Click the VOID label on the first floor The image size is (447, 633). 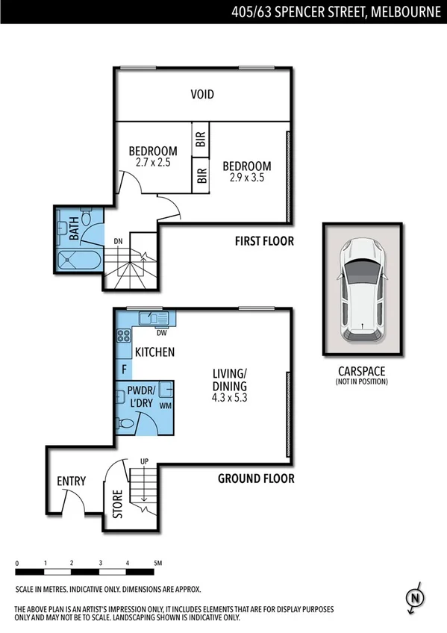click(x=201, y=94)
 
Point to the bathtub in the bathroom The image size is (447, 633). click(x=78, y=261)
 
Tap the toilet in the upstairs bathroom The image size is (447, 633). click(x=87, y=219)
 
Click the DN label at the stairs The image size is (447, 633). click(x=118, y=241)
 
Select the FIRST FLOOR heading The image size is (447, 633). click(x=264, y=241)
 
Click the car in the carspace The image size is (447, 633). click(x=360, y=288)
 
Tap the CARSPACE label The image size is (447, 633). click(x=360, y=371)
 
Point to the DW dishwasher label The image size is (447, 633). click(x=160, y=333)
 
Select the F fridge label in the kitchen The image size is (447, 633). click(x=123, y=369)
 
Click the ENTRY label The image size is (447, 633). click(x=71, y=481)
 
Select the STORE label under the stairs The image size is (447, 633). click(x=116, y=502)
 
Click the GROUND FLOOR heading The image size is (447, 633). click(x=256, y=478)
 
